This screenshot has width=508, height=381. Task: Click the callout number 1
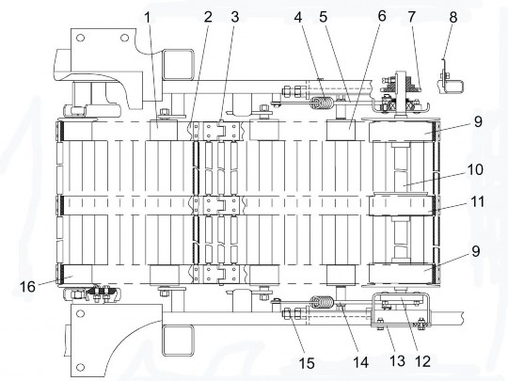point(148,18)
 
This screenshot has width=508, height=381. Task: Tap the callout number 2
point(208,17)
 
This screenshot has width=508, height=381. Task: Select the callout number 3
point(235,17)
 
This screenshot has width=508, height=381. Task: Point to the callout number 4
point(298,17)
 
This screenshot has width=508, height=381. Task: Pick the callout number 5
point(324,17)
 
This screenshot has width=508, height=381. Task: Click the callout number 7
point(411,17)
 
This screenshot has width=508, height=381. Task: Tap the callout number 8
point(453,17)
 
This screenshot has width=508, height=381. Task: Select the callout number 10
point(475,169)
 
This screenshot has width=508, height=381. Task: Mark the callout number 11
point(476,201)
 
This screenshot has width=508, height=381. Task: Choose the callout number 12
point(422,361)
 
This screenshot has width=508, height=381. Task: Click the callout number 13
point(397,361)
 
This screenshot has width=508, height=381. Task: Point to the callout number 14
point(360,362)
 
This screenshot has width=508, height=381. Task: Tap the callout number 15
point(307,363)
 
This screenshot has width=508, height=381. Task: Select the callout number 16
point(27,286)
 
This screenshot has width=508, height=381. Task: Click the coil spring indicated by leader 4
point(322,103)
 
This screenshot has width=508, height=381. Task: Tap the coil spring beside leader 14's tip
point(322,303)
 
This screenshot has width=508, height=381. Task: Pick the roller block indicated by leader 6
point(341,130)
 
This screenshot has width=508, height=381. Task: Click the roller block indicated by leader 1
point(164,130)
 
